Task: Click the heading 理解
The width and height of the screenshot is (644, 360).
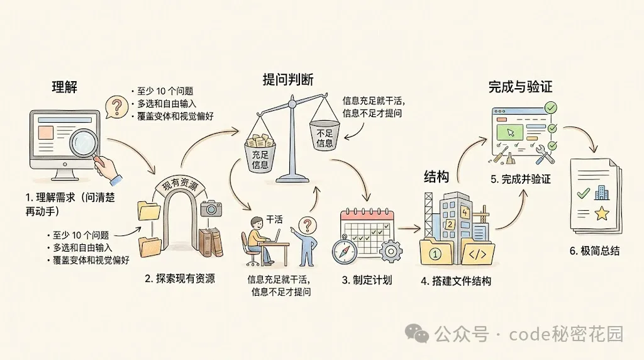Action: click(x=64, y=87)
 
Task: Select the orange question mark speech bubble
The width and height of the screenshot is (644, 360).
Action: click(x=114, y=106)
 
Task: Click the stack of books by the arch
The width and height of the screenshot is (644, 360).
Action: click(x=210, y=243)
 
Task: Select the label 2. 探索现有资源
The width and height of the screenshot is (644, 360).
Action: click(x=185, y=278)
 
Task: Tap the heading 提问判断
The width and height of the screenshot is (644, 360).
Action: click(x=288, y=79)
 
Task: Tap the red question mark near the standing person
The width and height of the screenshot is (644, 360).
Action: click(x=307, y=225)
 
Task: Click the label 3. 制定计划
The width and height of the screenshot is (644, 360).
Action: click(x=367, y=279)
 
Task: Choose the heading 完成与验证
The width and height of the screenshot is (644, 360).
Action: click(x=520, y=87)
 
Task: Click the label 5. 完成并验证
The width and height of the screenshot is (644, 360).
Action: click(x=521, y=179)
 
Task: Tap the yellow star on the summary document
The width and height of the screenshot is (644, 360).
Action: click(x=602, y=214)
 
